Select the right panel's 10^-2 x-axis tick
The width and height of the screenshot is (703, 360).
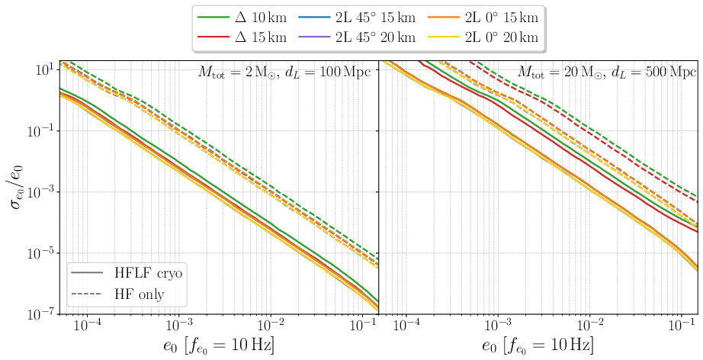coord(589,326)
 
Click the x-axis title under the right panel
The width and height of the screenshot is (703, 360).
coord(538,346)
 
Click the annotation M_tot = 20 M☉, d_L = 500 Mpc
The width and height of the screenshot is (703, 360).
coord(605,73)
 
